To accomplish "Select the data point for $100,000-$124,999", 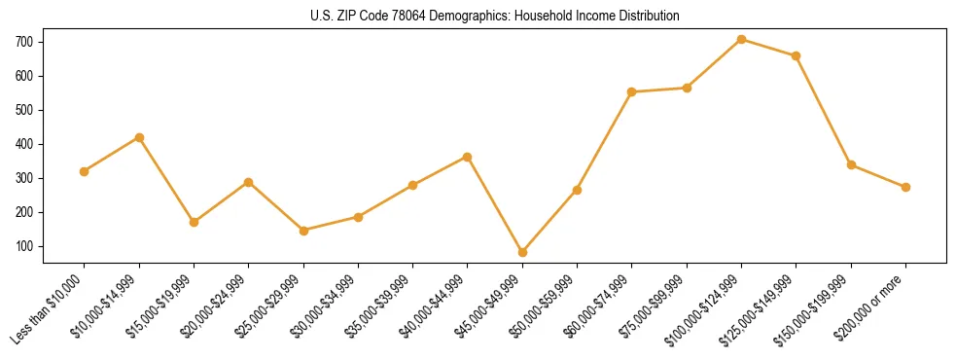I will click(741, 40).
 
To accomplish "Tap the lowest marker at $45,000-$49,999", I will click(522, 252).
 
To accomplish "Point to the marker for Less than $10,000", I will click(84, 171).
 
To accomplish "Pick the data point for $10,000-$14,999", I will click(139, 137).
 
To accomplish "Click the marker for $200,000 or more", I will click(905, 187).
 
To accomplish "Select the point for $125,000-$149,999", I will click(796, 55).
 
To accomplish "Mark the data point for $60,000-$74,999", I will click(631, 91).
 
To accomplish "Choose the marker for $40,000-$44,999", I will click(467, 157).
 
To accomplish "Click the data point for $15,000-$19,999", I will click(194, 222).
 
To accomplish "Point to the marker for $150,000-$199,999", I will click(851, 164).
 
